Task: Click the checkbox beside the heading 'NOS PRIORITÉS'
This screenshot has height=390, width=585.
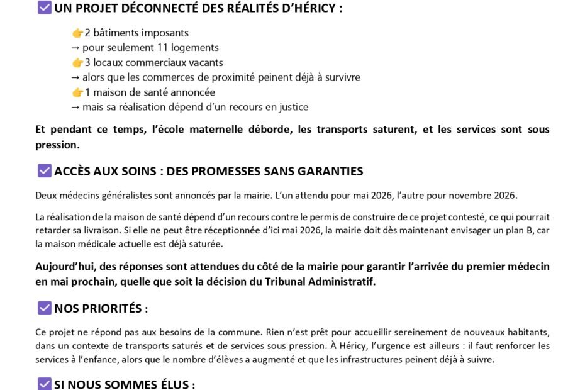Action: tap(44, 308)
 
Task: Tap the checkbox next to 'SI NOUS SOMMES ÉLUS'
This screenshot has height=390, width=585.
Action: tap(44, 384)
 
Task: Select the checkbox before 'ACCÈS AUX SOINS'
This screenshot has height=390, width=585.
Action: tap(44, 170)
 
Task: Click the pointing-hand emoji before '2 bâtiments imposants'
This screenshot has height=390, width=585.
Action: tap(77, 33)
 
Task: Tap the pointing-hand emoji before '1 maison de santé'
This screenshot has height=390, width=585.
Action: tap(77, 92)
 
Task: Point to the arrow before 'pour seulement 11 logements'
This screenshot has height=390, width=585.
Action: tap(75, 48)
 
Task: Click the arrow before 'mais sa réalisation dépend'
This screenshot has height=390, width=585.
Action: tap(75, 108)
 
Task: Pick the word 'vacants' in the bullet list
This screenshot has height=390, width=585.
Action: tap(206, 63)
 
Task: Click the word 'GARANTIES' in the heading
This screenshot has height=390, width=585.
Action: tap(332, 171)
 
